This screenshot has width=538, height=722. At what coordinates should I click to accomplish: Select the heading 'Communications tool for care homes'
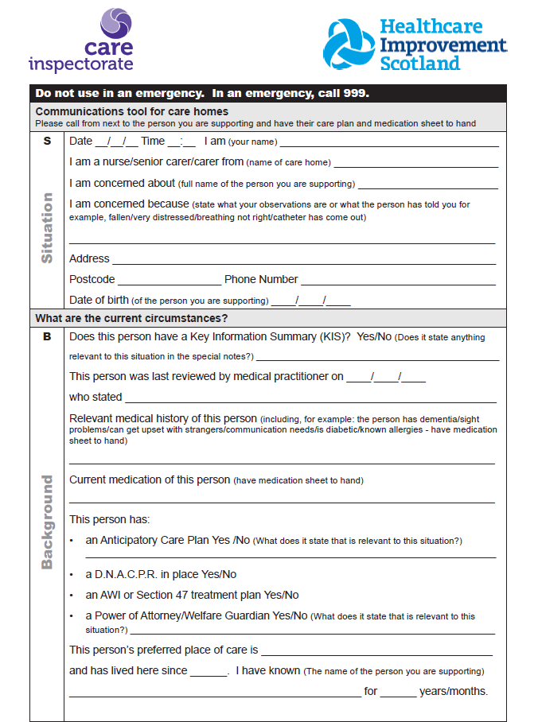click(x=131, y=111)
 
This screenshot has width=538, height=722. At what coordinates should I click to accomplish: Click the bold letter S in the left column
click(x=47, y=141)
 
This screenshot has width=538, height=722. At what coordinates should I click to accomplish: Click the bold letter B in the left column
click(x=47, y=336)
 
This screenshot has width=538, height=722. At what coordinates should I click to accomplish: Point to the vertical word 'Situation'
click(x=48, y=228)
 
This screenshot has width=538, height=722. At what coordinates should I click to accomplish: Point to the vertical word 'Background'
click(x=48, y=522)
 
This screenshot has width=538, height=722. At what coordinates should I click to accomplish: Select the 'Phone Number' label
click(x=261, y=279)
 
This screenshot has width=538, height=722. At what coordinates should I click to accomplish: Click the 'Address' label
click(x=89, y=258)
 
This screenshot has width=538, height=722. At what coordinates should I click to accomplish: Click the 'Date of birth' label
click(x=99, y=300)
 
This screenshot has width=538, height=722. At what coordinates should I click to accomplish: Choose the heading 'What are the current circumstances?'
click(x=131, y=318)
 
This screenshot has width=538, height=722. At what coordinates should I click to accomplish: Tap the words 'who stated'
click(x=96, y=397)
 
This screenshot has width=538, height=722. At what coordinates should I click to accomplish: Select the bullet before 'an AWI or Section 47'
click(x=72, y=596)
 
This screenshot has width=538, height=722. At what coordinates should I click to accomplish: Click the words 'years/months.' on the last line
click(x=453, y=691)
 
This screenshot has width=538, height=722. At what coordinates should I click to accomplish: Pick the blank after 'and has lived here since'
click(x=209, y=672)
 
